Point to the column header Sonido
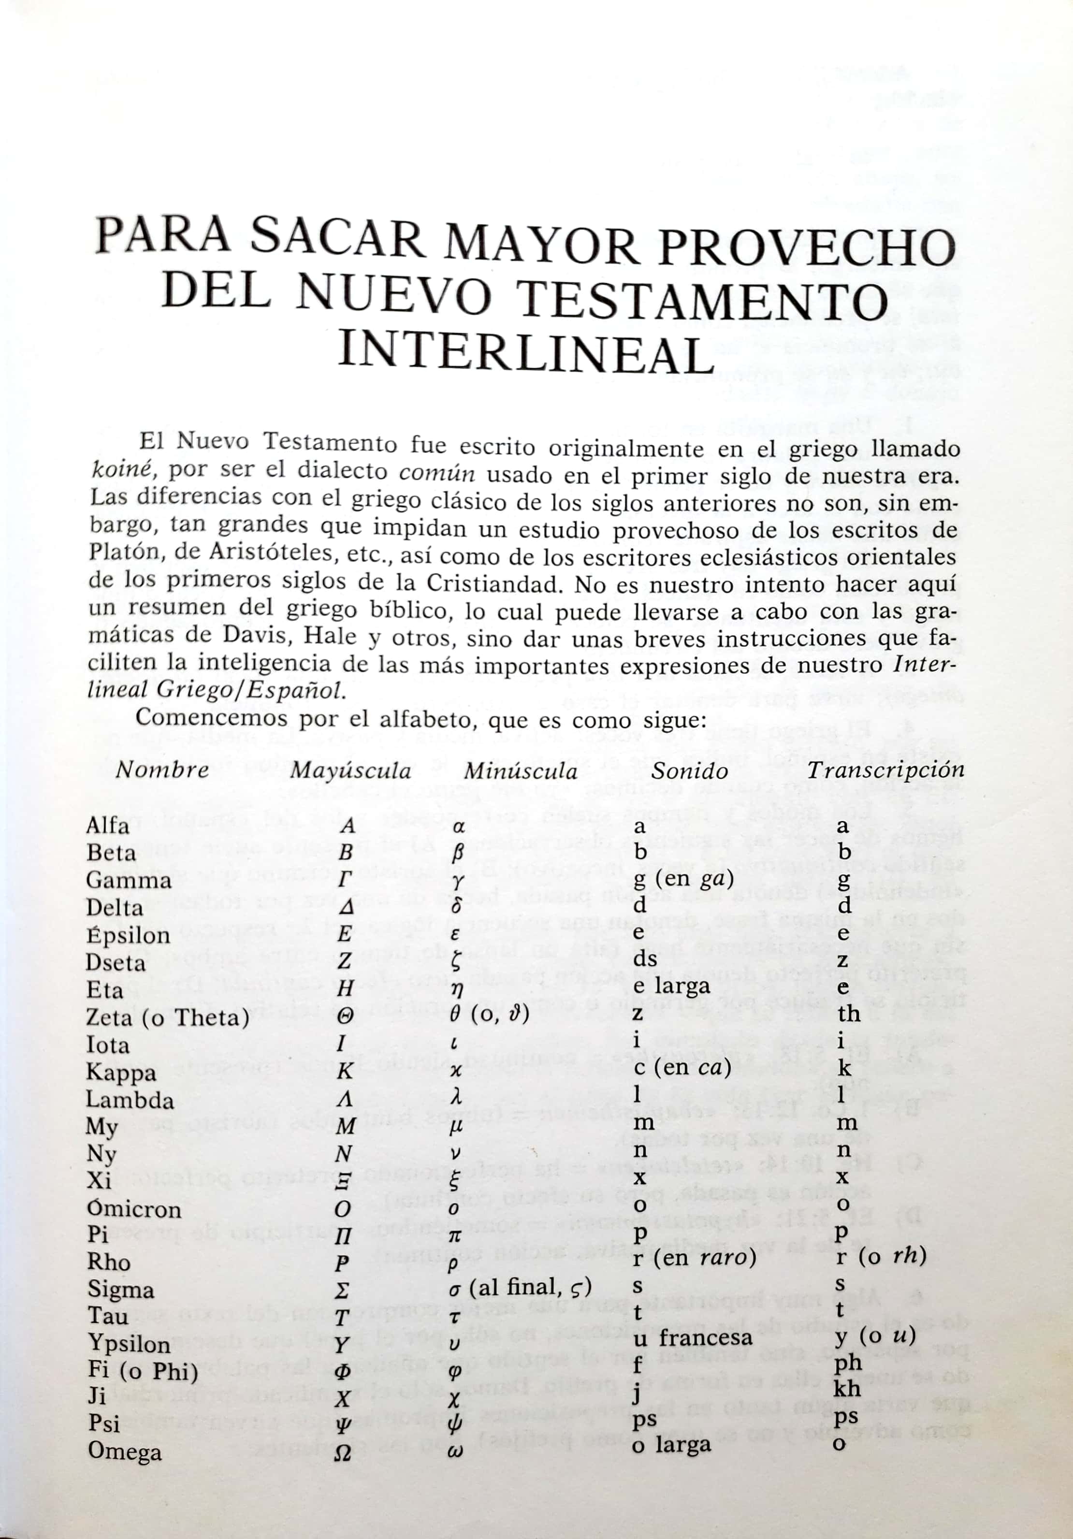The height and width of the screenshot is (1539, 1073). point(690,771)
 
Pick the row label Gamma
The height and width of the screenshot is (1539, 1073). point(129,880)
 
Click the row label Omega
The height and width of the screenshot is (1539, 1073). point(125,1452)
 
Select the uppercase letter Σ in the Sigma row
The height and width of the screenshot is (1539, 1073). point(343,1291)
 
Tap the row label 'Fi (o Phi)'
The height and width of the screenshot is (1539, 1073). point(143,1371)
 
